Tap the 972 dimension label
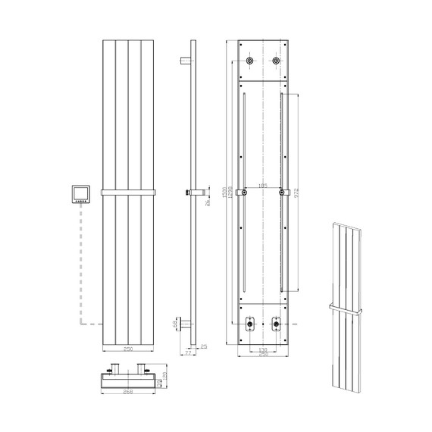click(x=298, y=193)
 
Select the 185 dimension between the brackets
click(x=263, y=186)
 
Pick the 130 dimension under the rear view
click(x=263, y=350)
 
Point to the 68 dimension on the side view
click(x=176, y=324)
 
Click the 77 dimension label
click(x=189, y=352)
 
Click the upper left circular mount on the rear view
click(x=249, y=60)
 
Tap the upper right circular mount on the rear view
click(x=277, y=60)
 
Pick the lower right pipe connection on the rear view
click(x=275, y=327)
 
